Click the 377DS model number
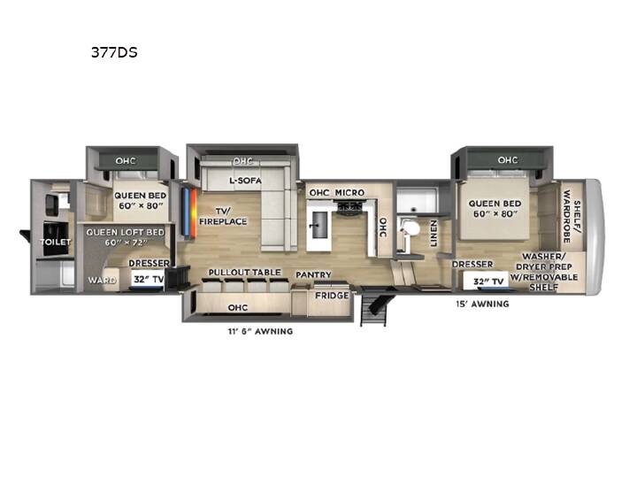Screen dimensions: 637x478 [x=114, y=52]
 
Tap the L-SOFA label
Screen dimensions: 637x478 [x=245, y=180]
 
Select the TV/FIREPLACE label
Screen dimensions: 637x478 [x=223, y=216]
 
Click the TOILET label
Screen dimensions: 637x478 [x=55, y=242]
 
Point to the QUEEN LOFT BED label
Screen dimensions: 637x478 [x=125, y=232]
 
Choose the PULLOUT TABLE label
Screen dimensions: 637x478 [x=244, y=273]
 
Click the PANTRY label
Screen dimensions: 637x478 [x=313, y=274]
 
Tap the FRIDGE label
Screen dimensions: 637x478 [x=332, y=296]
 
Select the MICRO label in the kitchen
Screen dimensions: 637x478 [x=349, y=192]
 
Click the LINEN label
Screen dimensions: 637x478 [x=434, y=234]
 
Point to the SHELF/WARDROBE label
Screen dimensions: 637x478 [x=572, y=216]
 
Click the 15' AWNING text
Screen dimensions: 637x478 [x=482, y=304]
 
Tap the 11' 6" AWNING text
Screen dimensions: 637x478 [x=260, y=331]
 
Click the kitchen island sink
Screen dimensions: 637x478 [x=319, y=225]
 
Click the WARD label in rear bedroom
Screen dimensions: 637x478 [x=102, y=280]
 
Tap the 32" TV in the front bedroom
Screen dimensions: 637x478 [x=488, y=281]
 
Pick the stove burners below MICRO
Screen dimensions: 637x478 [x=349, y=206]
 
